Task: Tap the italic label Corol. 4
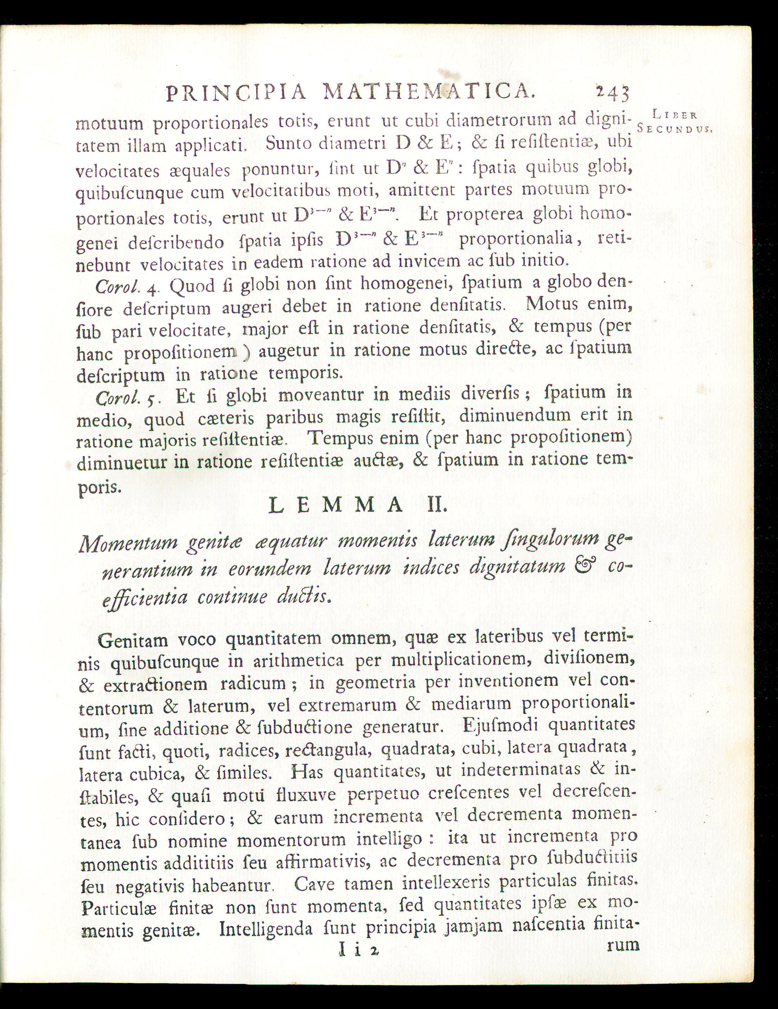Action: [x=127, y=288]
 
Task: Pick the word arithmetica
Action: [x=297, y=662]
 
